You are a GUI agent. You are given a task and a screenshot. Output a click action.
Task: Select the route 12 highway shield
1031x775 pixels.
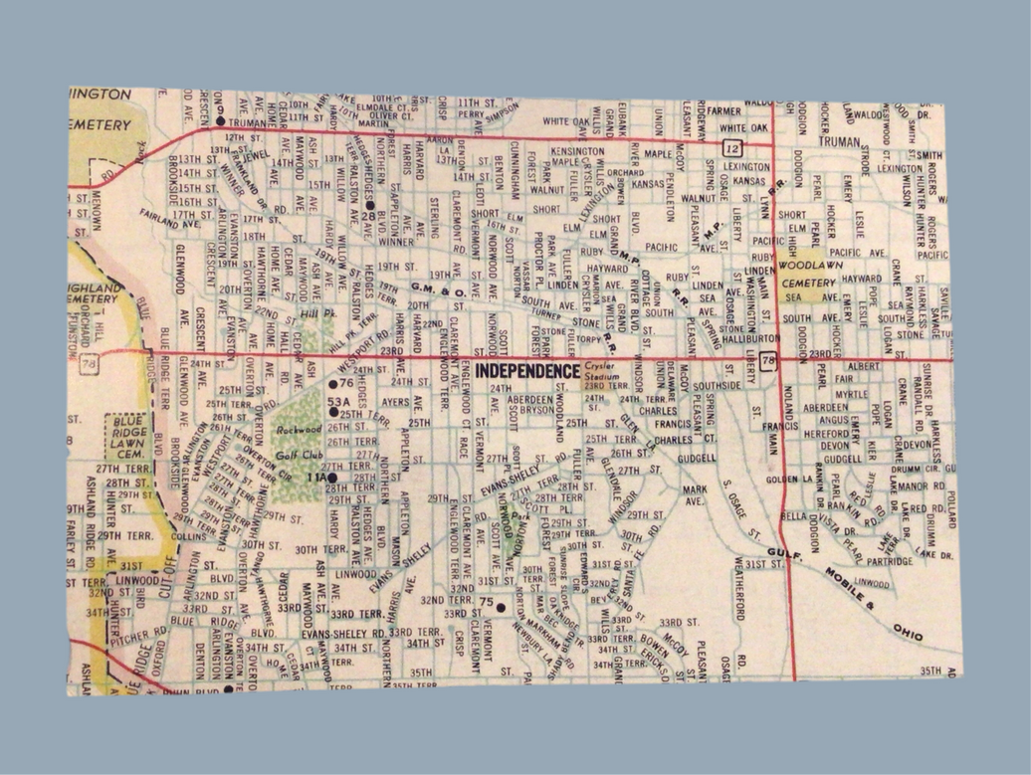point(732,147)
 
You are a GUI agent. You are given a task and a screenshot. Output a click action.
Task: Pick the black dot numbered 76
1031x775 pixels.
point(333,383)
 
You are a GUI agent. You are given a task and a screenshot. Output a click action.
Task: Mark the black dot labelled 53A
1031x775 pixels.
point(333,410)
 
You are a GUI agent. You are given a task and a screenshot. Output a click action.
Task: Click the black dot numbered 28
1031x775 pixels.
point(369,205)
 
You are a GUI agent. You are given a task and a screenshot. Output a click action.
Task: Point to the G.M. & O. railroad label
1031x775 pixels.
point(438,289)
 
